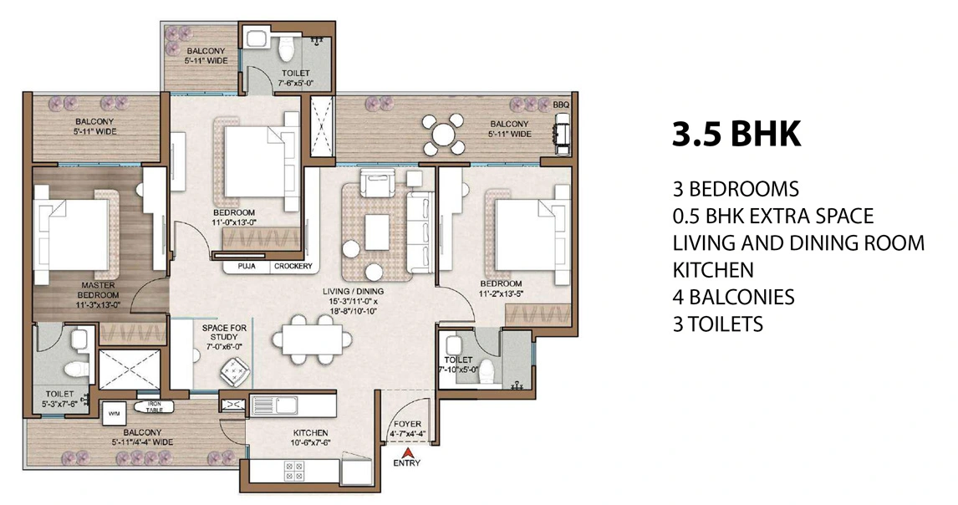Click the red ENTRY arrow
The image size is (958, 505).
point(408,452)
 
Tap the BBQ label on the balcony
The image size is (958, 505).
point(560,105)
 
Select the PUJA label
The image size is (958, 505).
point(247,267)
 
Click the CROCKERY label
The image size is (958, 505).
point(293,267)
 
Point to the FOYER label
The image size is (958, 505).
point(408,425)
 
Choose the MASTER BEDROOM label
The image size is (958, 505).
point(98,290)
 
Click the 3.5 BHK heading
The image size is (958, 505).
point(736,134)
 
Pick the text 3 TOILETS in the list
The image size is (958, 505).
point(717,324)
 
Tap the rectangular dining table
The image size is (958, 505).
point(311,339)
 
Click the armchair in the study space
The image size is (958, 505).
point(231,368)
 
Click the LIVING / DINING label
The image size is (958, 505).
point(352,291)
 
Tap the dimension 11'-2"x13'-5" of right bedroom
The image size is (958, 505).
point(501,294)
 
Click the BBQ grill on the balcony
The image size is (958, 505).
point(560,133)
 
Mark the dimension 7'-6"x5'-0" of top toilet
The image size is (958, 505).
point(293,83)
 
